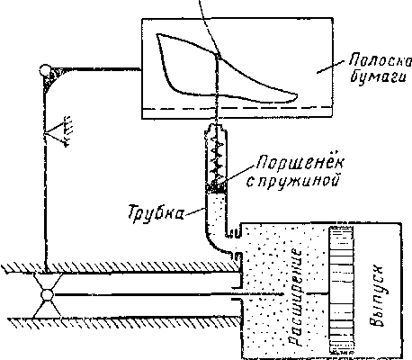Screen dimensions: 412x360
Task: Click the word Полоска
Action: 381,60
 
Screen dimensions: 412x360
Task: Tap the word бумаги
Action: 378,76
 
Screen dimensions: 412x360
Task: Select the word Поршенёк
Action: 300,164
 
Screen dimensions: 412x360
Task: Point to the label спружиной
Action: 293,182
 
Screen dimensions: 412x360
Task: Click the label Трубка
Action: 156,212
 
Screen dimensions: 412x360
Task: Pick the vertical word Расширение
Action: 295,297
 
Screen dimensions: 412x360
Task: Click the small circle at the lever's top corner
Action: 45,70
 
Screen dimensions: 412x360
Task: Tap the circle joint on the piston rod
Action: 48,295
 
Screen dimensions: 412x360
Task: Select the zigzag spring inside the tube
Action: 216,159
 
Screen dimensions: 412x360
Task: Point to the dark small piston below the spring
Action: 216,188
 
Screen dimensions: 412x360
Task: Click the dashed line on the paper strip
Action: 237,108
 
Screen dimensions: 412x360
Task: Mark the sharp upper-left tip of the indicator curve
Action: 157,34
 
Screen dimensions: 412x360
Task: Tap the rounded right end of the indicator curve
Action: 297,96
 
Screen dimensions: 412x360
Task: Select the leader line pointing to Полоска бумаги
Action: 330,67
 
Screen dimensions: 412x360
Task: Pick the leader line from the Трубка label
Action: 195,211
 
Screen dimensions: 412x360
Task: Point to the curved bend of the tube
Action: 213,242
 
